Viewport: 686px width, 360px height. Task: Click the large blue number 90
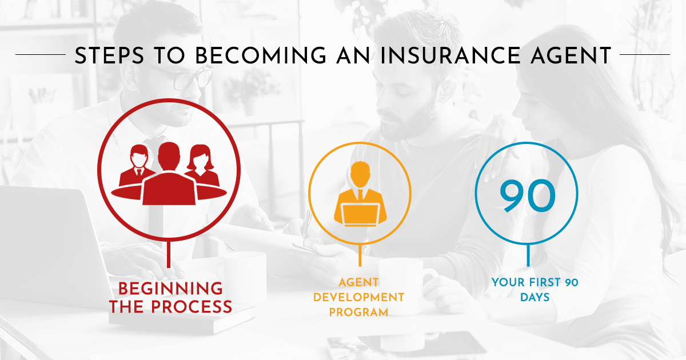click(x=527, y=196)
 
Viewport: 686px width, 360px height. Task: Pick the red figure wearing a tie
click(x=138, y=166)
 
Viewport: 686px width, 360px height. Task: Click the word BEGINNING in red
click(x=171, y=288)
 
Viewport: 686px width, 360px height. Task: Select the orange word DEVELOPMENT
click(x=360, y=297)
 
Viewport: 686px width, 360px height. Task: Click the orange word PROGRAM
click(x=360, y=312)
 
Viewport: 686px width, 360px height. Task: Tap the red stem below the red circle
click(x=169, y=255)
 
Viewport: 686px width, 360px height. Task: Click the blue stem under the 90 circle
click(x=527, y=255)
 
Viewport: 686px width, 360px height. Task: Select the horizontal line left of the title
click(x=40, y=55)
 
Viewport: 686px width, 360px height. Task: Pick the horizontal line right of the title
click(x=645, y=55)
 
